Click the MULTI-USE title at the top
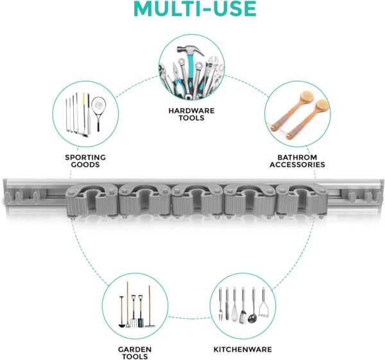tap(195, 8)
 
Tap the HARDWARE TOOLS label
tap(191, 114)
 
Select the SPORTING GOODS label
tap(85, 161)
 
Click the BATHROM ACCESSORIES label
tap(297, 161)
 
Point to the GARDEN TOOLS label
tap(135, 353)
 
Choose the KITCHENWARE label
tap(243, 350)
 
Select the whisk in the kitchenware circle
tap(235, 305)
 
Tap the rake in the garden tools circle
tap(150, 307)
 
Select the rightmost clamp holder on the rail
tap(302, 200)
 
